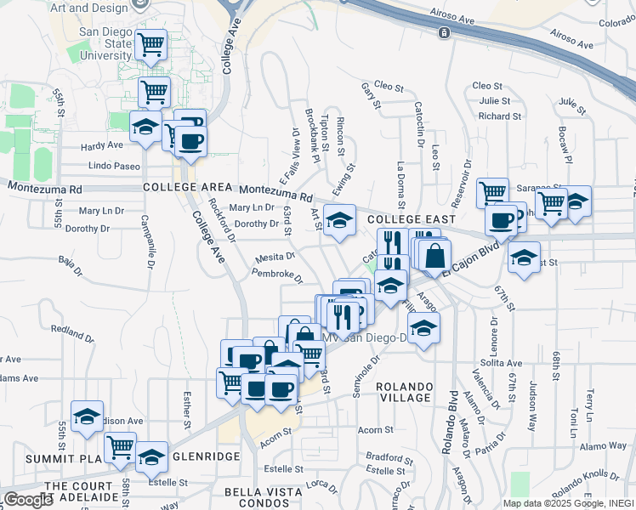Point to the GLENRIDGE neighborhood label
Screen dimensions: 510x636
pos(206,456)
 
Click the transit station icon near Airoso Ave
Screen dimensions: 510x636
pos(444,33)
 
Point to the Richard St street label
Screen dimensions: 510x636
pos(493,116)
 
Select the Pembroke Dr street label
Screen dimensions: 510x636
pos(277,275)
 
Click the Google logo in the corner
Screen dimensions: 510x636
pos(28,500)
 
